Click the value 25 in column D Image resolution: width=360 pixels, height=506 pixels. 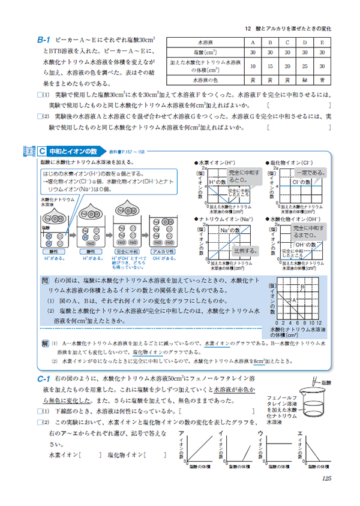(x=305, y=66)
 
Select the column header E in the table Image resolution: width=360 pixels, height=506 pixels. (x=322, y=43)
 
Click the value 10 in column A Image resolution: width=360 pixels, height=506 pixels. (x=253, y=66)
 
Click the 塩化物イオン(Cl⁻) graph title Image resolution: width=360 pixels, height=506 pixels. (x=286, y=162)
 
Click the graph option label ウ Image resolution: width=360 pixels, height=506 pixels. (x=260, y=433)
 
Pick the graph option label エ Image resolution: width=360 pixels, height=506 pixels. (x=299, y=433)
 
